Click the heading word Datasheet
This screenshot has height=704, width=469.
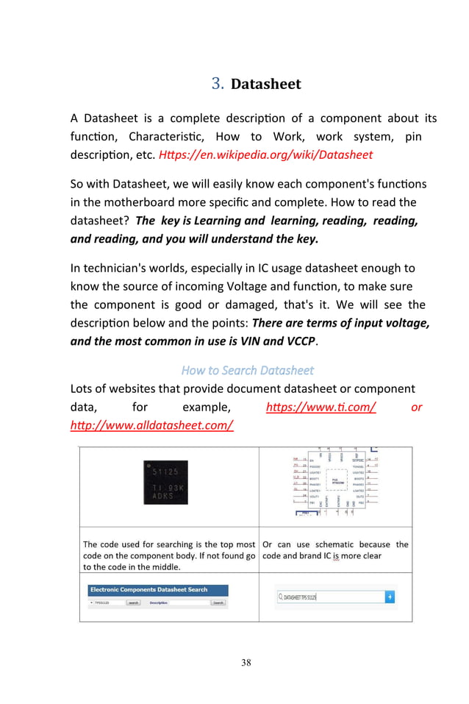(266, 84)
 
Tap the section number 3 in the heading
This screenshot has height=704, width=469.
(217, 84)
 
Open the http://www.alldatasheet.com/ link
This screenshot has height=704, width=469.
(152, 425)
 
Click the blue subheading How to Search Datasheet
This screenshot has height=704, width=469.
(247, 370)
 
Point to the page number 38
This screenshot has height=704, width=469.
(246, 663)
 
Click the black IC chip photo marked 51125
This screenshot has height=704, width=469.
(170, 483)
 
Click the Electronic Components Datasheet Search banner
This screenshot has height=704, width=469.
(149, 590)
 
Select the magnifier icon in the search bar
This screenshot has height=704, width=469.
(281, 597)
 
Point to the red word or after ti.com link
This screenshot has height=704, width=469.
(417, 407)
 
